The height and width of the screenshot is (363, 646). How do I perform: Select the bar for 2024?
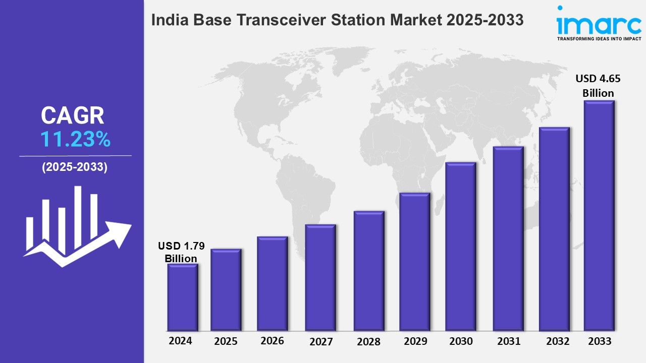click(x=183, y=297)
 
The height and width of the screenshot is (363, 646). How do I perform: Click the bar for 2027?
click(x=320, y=277)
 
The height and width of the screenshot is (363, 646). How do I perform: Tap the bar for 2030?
click(x=461, y=247)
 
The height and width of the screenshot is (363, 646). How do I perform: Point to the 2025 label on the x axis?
click(x=226, y=341)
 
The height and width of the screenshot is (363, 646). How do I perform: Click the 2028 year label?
click(x=368, y=342)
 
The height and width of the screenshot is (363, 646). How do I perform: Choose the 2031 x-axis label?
click(x=509, y=341)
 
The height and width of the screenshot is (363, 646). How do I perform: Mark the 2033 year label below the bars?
click(x=600, y=341)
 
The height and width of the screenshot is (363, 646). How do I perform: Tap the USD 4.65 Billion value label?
click(x=598, y=86)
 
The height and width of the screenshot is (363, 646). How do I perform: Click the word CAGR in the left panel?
click(x=73, y=116)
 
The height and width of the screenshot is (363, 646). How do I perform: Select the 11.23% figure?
click(x=75, y=140)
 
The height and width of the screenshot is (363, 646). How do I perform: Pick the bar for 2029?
click(x=414, y=262)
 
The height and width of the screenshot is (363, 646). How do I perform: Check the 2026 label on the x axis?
click(x=272, y=341)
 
